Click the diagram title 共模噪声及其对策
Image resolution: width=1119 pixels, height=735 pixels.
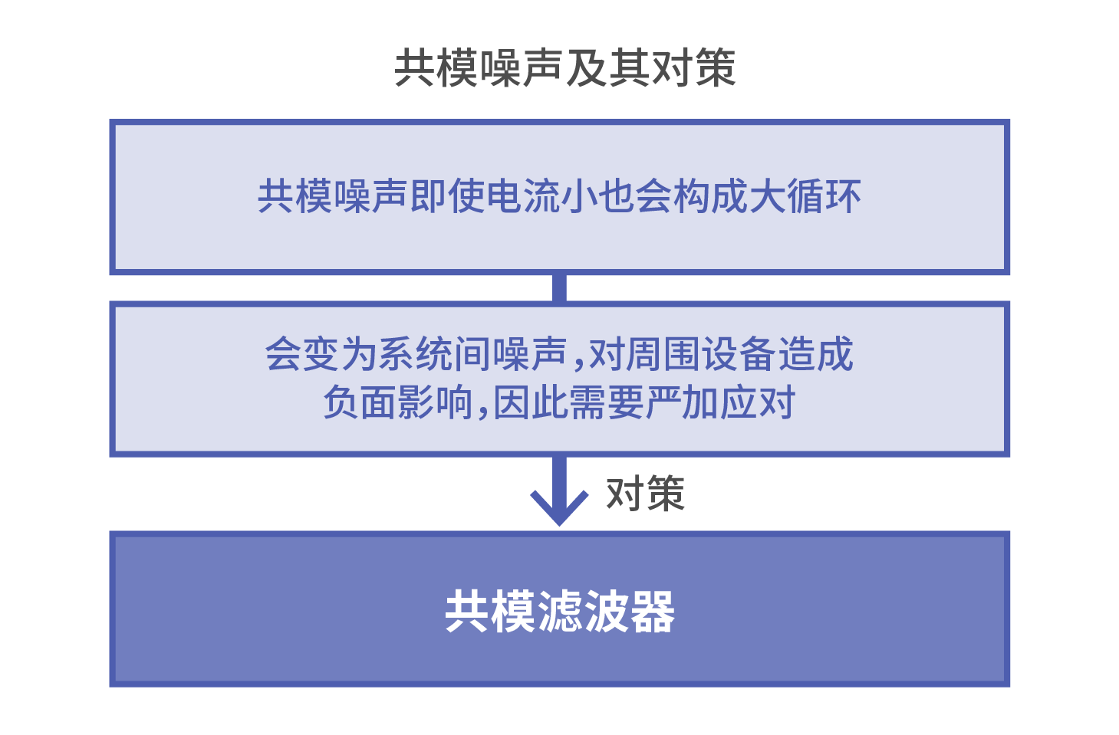564,68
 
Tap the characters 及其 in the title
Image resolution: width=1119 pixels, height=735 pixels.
607,68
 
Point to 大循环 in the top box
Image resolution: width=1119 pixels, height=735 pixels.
805,196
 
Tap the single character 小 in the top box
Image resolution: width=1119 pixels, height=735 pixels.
578,196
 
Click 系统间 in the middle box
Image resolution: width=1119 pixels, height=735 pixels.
434,354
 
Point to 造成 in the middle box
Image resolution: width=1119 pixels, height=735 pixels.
815,354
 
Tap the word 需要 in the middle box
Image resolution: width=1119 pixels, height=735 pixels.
605,402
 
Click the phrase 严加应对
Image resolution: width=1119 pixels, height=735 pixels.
720,402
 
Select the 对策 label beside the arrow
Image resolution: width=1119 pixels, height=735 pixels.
645,494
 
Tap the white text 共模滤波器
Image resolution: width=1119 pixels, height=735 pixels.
560,611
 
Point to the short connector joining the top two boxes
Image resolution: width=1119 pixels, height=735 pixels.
560,287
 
